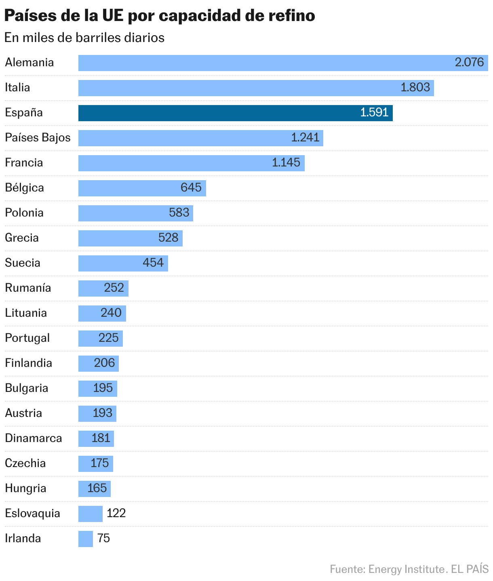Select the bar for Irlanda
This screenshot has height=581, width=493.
tap(86, 539)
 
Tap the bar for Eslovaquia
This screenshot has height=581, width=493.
tap(91, 514)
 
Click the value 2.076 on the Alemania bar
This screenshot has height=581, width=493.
tap(469, 63)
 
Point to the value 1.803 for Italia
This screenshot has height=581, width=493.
tap(415, 88)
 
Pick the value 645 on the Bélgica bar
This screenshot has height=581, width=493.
tap(191, 188)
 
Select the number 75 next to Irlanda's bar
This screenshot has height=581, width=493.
tap(104, 539)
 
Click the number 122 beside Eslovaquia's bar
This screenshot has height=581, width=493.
tap(116, 514)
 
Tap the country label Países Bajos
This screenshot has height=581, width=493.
tap(38, 138)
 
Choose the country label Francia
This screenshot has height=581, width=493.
tap(24, 163)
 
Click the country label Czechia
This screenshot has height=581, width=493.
tap(25, 463)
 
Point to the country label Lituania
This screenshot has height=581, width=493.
tap(26, 313)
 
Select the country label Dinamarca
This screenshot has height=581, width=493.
tap(34, 438)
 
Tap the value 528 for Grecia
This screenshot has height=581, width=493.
tap(168, 238)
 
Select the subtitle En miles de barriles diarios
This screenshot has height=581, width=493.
tap(85, 38)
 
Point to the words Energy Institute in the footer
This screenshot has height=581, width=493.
tap(407, 569)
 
